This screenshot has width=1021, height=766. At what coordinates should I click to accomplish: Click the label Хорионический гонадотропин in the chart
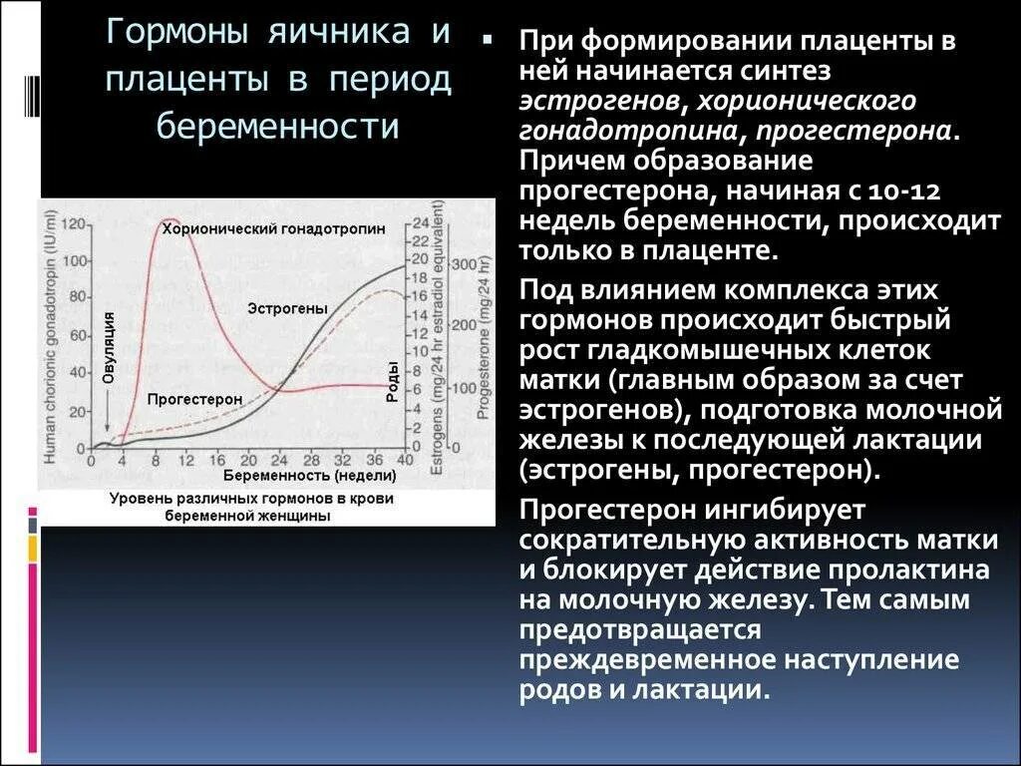273,229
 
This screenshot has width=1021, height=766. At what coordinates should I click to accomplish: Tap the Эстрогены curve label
287,308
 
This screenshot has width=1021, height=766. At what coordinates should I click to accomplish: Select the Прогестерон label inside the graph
194,399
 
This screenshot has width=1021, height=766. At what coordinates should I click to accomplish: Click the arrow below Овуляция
107,409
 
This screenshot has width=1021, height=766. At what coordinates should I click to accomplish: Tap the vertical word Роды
393,381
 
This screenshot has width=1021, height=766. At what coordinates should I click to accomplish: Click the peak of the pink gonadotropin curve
170,219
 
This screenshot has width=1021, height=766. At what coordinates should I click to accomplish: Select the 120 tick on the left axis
72,225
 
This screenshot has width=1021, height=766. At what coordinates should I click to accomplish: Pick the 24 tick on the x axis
279,461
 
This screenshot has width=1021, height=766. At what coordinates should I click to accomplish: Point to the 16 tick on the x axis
217,461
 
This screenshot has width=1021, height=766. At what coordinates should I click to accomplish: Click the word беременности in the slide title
279,126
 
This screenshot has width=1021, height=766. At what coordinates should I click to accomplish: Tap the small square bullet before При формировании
489,43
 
